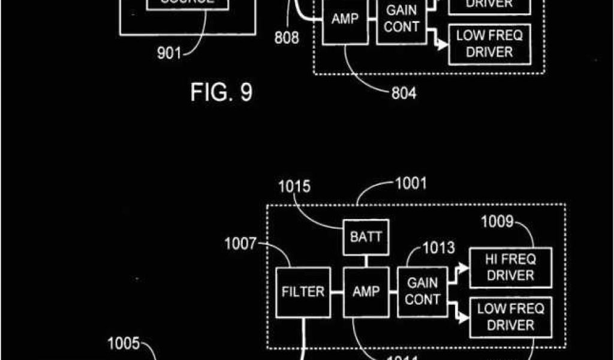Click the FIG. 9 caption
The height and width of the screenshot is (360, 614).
tap(221, 92)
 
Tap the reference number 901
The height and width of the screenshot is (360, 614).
tap(169, 53)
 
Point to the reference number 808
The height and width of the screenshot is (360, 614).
tap(287, 38)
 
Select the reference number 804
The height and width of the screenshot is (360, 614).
tap(403, 93)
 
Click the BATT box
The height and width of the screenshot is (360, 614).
tap(366, 238)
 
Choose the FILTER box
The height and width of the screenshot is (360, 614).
tap(303, 292)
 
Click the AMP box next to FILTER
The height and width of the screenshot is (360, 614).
tap(366, 292)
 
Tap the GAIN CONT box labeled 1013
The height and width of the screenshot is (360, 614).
tap(422, 291)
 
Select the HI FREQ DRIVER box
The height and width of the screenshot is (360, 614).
tap(510, 268)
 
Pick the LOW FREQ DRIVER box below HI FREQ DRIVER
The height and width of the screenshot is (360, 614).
tap(510, 317)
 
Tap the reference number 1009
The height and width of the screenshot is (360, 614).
tap(498, 224)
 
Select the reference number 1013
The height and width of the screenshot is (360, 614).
tap(439, 247)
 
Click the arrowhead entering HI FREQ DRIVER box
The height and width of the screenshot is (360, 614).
tap(464, 268)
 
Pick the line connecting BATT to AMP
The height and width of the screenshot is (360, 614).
tap(366, 261)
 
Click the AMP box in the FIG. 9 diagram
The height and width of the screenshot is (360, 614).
tap(345, 19)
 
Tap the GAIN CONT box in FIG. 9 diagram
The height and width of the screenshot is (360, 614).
tap(401, 19)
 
